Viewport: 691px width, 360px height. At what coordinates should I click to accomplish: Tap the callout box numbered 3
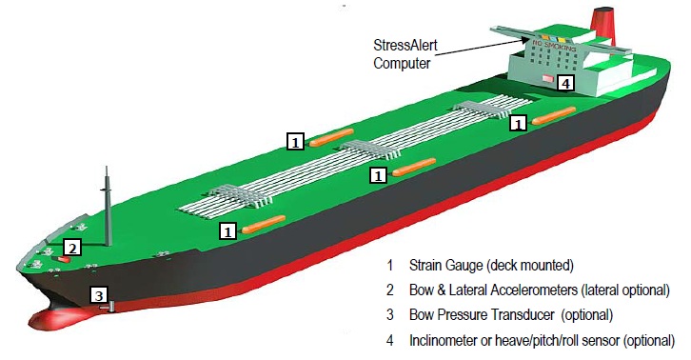click(x=98, y=295)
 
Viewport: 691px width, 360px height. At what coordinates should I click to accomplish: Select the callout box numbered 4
click(x=566, y=83)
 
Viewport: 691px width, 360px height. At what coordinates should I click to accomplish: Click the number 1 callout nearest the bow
click(x=227, y=230)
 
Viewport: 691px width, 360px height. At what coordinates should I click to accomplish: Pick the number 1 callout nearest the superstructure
click(x=519, y=123)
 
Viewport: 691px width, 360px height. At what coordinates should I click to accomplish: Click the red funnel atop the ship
click(x=601, y=21)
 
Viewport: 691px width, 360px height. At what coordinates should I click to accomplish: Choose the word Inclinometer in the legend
click(x=447, y=339)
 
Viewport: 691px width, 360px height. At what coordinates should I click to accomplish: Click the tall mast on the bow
click(x=107, y=205)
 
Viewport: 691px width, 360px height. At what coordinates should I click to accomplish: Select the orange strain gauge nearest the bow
click(x=264, y=224)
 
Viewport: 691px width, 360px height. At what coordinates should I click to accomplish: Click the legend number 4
click(x=390, y=339)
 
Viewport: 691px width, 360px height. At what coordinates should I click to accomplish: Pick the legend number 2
click(x=390, y=290)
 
